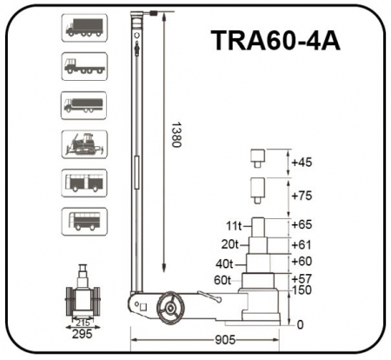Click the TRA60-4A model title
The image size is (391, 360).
tap(275, 41)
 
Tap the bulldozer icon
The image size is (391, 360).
tap(84, 144)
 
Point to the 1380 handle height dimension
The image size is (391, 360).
tap(176, 135)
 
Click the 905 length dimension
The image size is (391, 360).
tap(225, 340)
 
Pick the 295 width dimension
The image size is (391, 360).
tap(83, 334)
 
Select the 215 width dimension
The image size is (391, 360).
tap(83, 323)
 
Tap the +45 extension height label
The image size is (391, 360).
tap(302, 163)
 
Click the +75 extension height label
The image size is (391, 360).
tap(302, 196)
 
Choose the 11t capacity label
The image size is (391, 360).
tap(234, 226)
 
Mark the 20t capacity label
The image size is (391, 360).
tap(229, 244)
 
